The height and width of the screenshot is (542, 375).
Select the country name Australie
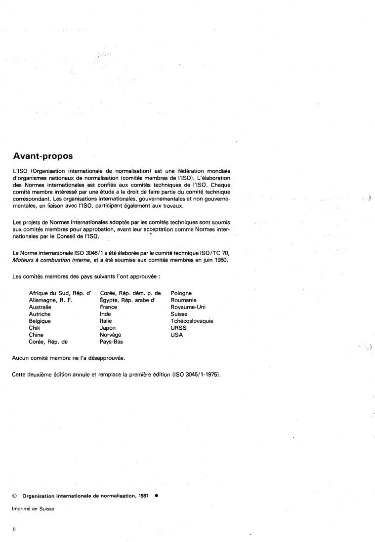click(x=40, y=307)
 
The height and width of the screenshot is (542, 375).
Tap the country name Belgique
click(x=40, y=321)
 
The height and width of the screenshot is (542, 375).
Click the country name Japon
click(x=108, y=328)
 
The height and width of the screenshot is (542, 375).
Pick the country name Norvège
click(x=111, y=335)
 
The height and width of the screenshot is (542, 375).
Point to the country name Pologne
click(x=181, y=293)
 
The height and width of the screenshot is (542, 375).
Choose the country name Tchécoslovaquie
click(x=192, y=321)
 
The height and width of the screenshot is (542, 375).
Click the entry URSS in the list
click(x=178, y=328)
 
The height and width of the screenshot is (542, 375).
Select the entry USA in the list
click(x=177, y=335)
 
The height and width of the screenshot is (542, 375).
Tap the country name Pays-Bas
click(x=111, y=342)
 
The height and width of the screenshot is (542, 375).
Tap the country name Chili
click(x=34, y=328)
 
